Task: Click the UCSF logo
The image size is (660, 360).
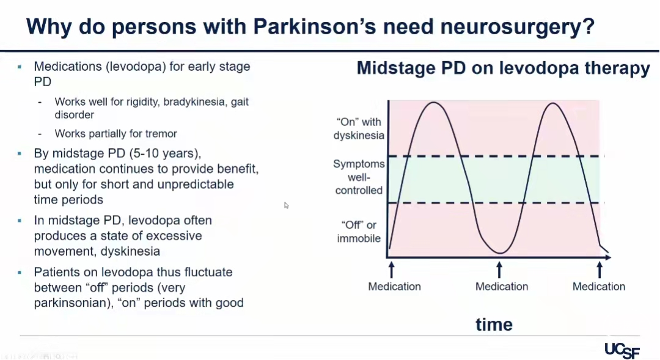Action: tap(622, 350)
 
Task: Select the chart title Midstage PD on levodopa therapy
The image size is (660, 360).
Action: tap(504, 68)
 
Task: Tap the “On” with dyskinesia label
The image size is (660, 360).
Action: tap(359, 128)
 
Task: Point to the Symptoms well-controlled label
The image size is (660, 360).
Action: tap(359, 177)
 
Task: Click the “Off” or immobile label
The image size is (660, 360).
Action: tap(359, 232)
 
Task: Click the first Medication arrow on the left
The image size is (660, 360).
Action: tap(392, 270)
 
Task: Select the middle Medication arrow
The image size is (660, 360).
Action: tap(499, 270)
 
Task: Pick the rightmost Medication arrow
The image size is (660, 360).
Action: tap(599, 270)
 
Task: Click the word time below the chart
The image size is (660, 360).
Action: tap(494, 325)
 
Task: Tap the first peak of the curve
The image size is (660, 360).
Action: tap(433, 102)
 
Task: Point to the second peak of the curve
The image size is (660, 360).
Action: tap(552, 103)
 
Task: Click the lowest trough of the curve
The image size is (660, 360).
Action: tap(500, 253)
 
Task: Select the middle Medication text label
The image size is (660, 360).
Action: tap(502, 286)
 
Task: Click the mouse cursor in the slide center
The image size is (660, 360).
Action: tap(286, 205)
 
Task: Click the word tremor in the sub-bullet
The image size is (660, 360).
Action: tap(161, 133)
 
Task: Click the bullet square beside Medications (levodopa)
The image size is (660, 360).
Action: tap(20, 67)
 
